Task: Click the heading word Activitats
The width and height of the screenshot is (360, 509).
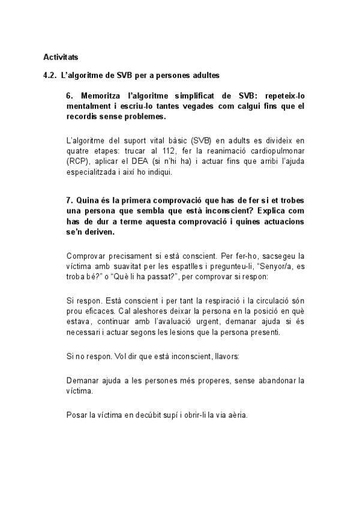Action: click(61, 57)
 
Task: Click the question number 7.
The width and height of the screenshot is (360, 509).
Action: click(70, 200)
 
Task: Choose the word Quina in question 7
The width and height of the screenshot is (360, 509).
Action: click(87, 200)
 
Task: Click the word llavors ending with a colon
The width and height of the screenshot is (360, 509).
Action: click(226, 356)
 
